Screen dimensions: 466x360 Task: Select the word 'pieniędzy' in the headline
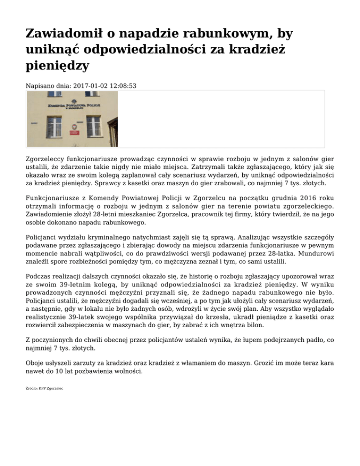pos(57,66)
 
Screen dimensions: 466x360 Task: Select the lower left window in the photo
pos(54,126)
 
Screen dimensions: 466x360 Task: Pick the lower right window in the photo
pos(94,126)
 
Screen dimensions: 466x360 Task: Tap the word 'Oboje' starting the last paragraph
pos(35,363)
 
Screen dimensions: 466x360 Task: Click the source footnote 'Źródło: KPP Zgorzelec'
pos(45,389)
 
